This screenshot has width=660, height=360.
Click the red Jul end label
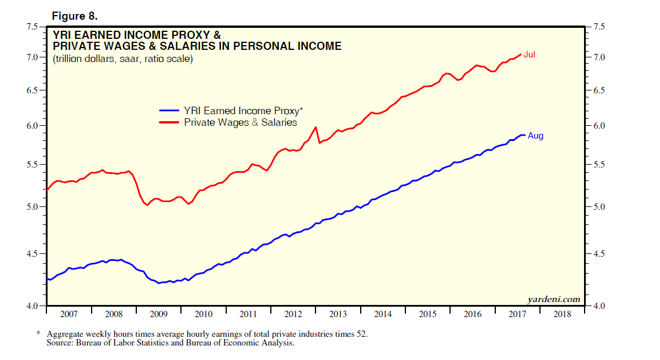coord(529,54)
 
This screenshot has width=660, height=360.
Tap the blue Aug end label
coord(535,136)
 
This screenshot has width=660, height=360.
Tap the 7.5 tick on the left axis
coord(31,27)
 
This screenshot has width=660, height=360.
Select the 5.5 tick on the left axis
coord(31,165)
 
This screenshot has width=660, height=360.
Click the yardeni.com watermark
coord(553,299)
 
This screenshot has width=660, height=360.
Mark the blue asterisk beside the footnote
coord(38,334)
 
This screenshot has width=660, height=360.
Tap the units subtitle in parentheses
coord(122,59)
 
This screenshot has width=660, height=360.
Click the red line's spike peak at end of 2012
coord(316,127)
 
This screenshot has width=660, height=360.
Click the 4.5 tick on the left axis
coord(31,254)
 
